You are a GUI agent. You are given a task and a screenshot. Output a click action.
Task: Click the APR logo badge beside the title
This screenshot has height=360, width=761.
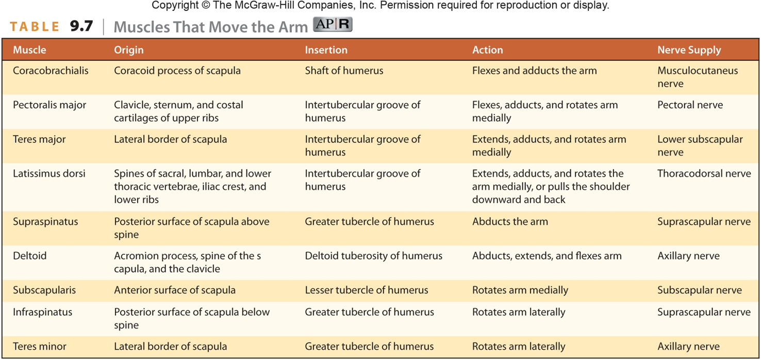coord(333,24)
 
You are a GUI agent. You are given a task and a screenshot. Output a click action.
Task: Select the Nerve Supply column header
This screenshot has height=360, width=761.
coord(689,50)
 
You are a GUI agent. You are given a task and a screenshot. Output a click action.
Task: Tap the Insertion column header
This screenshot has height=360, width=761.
coord(326,50)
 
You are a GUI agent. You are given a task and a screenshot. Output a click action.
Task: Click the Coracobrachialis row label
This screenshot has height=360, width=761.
coord(51,70)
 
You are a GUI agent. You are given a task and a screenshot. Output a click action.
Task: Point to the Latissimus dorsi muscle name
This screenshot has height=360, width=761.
coord(49,173)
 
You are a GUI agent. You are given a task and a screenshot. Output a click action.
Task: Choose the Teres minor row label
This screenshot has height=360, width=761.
coord(39,346)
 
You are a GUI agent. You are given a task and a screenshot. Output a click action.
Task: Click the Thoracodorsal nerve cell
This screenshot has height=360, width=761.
coord(704,173)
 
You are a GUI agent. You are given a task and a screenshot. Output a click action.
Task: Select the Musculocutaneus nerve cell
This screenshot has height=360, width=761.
coord(698,77)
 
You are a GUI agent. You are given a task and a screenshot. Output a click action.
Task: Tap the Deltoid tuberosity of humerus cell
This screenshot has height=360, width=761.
coord(373,256)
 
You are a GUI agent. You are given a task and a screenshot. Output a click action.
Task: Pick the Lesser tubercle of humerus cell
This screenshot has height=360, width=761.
coord(366,290)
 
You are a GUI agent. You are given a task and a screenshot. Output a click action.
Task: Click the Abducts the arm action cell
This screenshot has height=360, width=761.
coord(510,221)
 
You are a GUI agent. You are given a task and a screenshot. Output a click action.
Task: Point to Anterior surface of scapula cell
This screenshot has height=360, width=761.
coord(175,290)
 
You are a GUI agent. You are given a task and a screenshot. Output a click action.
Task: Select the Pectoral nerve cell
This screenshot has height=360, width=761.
coord(690,105)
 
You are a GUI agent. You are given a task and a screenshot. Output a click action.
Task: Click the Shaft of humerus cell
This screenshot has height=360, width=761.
coord(344,70)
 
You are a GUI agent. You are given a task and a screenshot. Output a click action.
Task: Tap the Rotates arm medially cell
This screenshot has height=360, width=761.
coord(520,290)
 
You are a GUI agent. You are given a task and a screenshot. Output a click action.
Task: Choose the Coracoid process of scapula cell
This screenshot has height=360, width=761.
coord(177,70)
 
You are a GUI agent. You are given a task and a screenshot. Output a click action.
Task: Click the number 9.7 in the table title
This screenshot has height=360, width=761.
coord(81,26)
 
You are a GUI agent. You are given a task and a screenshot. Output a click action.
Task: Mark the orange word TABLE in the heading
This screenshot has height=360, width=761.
coord(35,26)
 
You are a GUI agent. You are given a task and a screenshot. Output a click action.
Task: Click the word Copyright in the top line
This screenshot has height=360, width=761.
coord(175,5)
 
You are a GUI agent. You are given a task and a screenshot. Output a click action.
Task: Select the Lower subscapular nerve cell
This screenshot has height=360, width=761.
coord(700,145)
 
